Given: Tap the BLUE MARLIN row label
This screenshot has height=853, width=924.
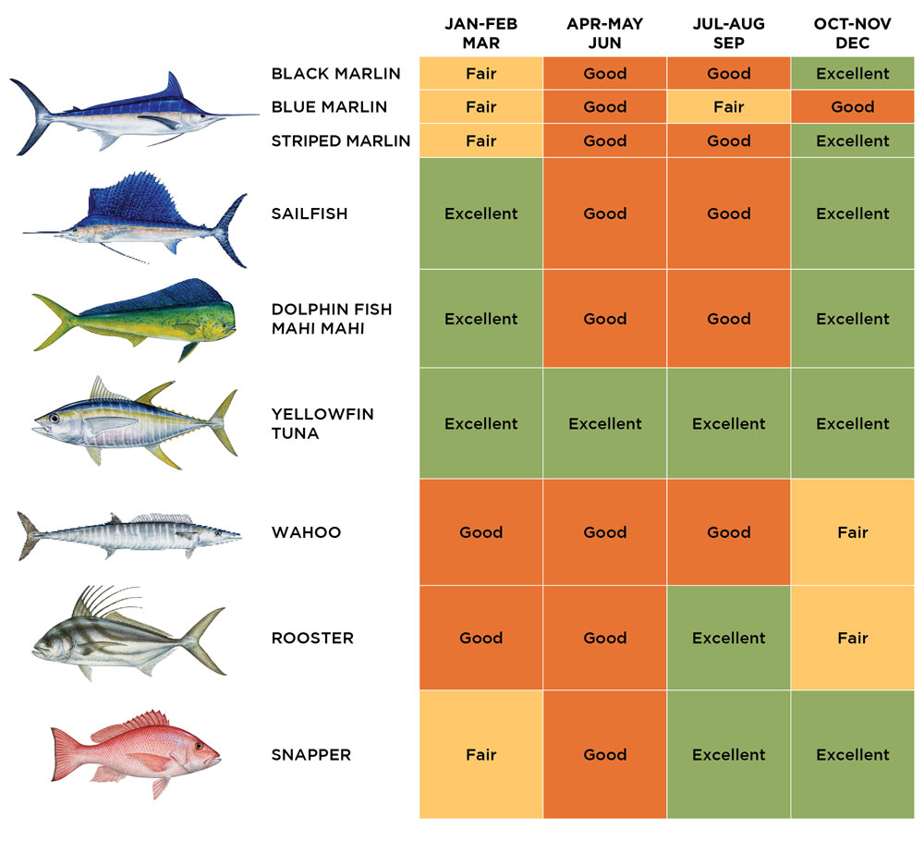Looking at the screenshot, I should [329, 107].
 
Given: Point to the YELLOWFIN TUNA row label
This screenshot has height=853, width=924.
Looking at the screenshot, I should [322, 423].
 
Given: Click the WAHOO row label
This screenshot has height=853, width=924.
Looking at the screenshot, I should [306, 532].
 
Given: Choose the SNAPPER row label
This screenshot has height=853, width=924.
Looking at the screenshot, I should [311, 755].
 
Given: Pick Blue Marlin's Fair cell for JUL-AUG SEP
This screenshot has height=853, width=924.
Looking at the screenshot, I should [728, 107].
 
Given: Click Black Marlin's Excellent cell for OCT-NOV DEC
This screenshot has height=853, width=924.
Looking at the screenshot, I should [852, 74].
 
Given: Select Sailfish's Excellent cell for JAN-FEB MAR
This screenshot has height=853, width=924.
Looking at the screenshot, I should [480, 213].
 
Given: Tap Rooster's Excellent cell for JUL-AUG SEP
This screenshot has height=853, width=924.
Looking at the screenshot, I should [728, 638].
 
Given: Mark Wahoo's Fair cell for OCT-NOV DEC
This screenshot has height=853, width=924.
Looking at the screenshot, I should [852, 532].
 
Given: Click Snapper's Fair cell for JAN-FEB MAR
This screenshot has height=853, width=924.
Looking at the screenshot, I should [480, 755].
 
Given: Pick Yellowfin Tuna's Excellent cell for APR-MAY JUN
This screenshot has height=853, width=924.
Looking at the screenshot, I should [604, 423].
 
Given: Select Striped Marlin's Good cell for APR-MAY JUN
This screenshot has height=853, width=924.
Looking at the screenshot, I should [604, 140].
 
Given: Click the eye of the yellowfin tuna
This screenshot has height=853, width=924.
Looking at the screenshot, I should [55, 419].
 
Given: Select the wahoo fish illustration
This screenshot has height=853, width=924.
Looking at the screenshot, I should [129, 534].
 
